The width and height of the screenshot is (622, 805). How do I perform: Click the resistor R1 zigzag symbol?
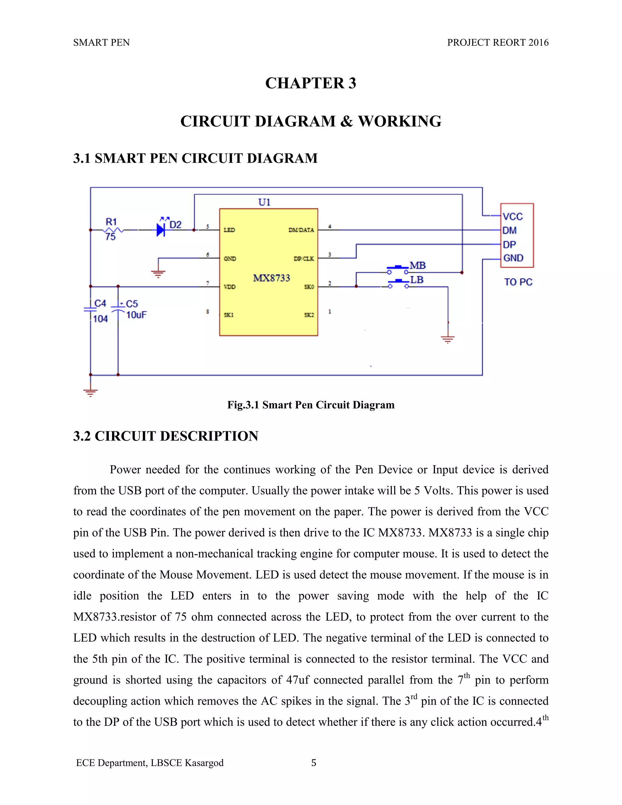[113, 230]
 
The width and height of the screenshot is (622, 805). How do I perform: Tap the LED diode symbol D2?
[161, 230]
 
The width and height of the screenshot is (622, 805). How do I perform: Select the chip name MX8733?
[272, 278]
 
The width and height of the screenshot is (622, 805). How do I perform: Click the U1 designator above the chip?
[264, 202]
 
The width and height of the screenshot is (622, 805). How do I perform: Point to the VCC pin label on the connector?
[513, 216]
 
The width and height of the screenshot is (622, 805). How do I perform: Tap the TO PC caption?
[518, 282]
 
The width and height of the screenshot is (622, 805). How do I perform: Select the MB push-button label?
[418, 265]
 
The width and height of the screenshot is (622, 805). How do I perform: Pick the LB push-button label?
[417, 280]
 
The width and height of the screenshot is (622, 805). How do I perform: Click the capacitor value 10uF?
[136, 315]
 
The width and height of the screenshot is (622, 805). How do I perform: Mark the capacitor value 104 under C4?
[100, 319]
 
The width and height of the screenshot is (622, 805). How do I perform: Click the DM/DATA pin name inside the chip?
[301, 230]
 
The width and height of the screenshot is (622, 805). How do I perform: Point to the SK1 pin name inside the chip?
[228, 315]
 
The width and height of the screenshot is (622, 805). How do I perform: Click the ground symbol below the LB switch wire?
[448, 339]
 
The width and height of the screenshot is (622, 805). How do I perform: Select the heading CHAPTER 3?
[311, 83]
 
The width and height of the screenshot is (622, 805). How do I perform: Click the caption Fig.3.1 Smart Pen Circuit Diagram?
[311, 405]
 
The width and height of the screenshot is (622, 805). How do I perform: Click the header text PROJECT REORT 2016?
[497, 43]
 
